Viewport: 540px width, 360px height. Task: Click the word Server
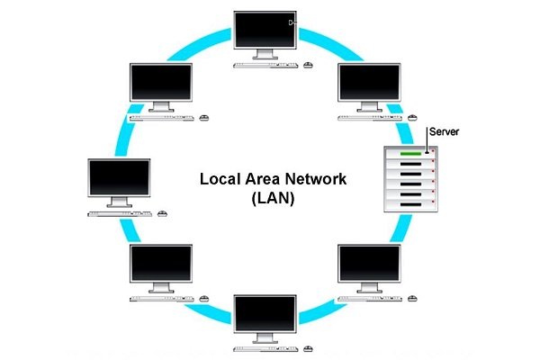445,131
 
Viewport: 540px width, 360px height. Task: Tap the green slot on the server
409,153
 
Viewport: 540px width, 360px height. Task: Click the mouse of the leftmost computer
162,214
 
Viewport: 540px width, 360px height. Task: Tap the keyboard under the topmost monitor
262,66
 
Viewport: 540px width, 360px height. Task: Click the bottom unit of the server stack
410,206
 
